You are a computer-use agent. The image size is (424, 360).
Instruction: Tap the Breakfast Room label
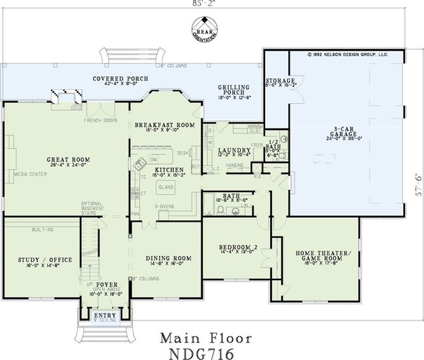[x=165, y=124]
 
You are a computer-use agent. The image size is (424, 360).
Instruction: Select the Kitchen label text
[x=170, y=170]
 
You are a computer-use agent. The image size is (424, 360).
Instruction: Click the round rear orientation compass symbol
[x=205, y=32]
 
